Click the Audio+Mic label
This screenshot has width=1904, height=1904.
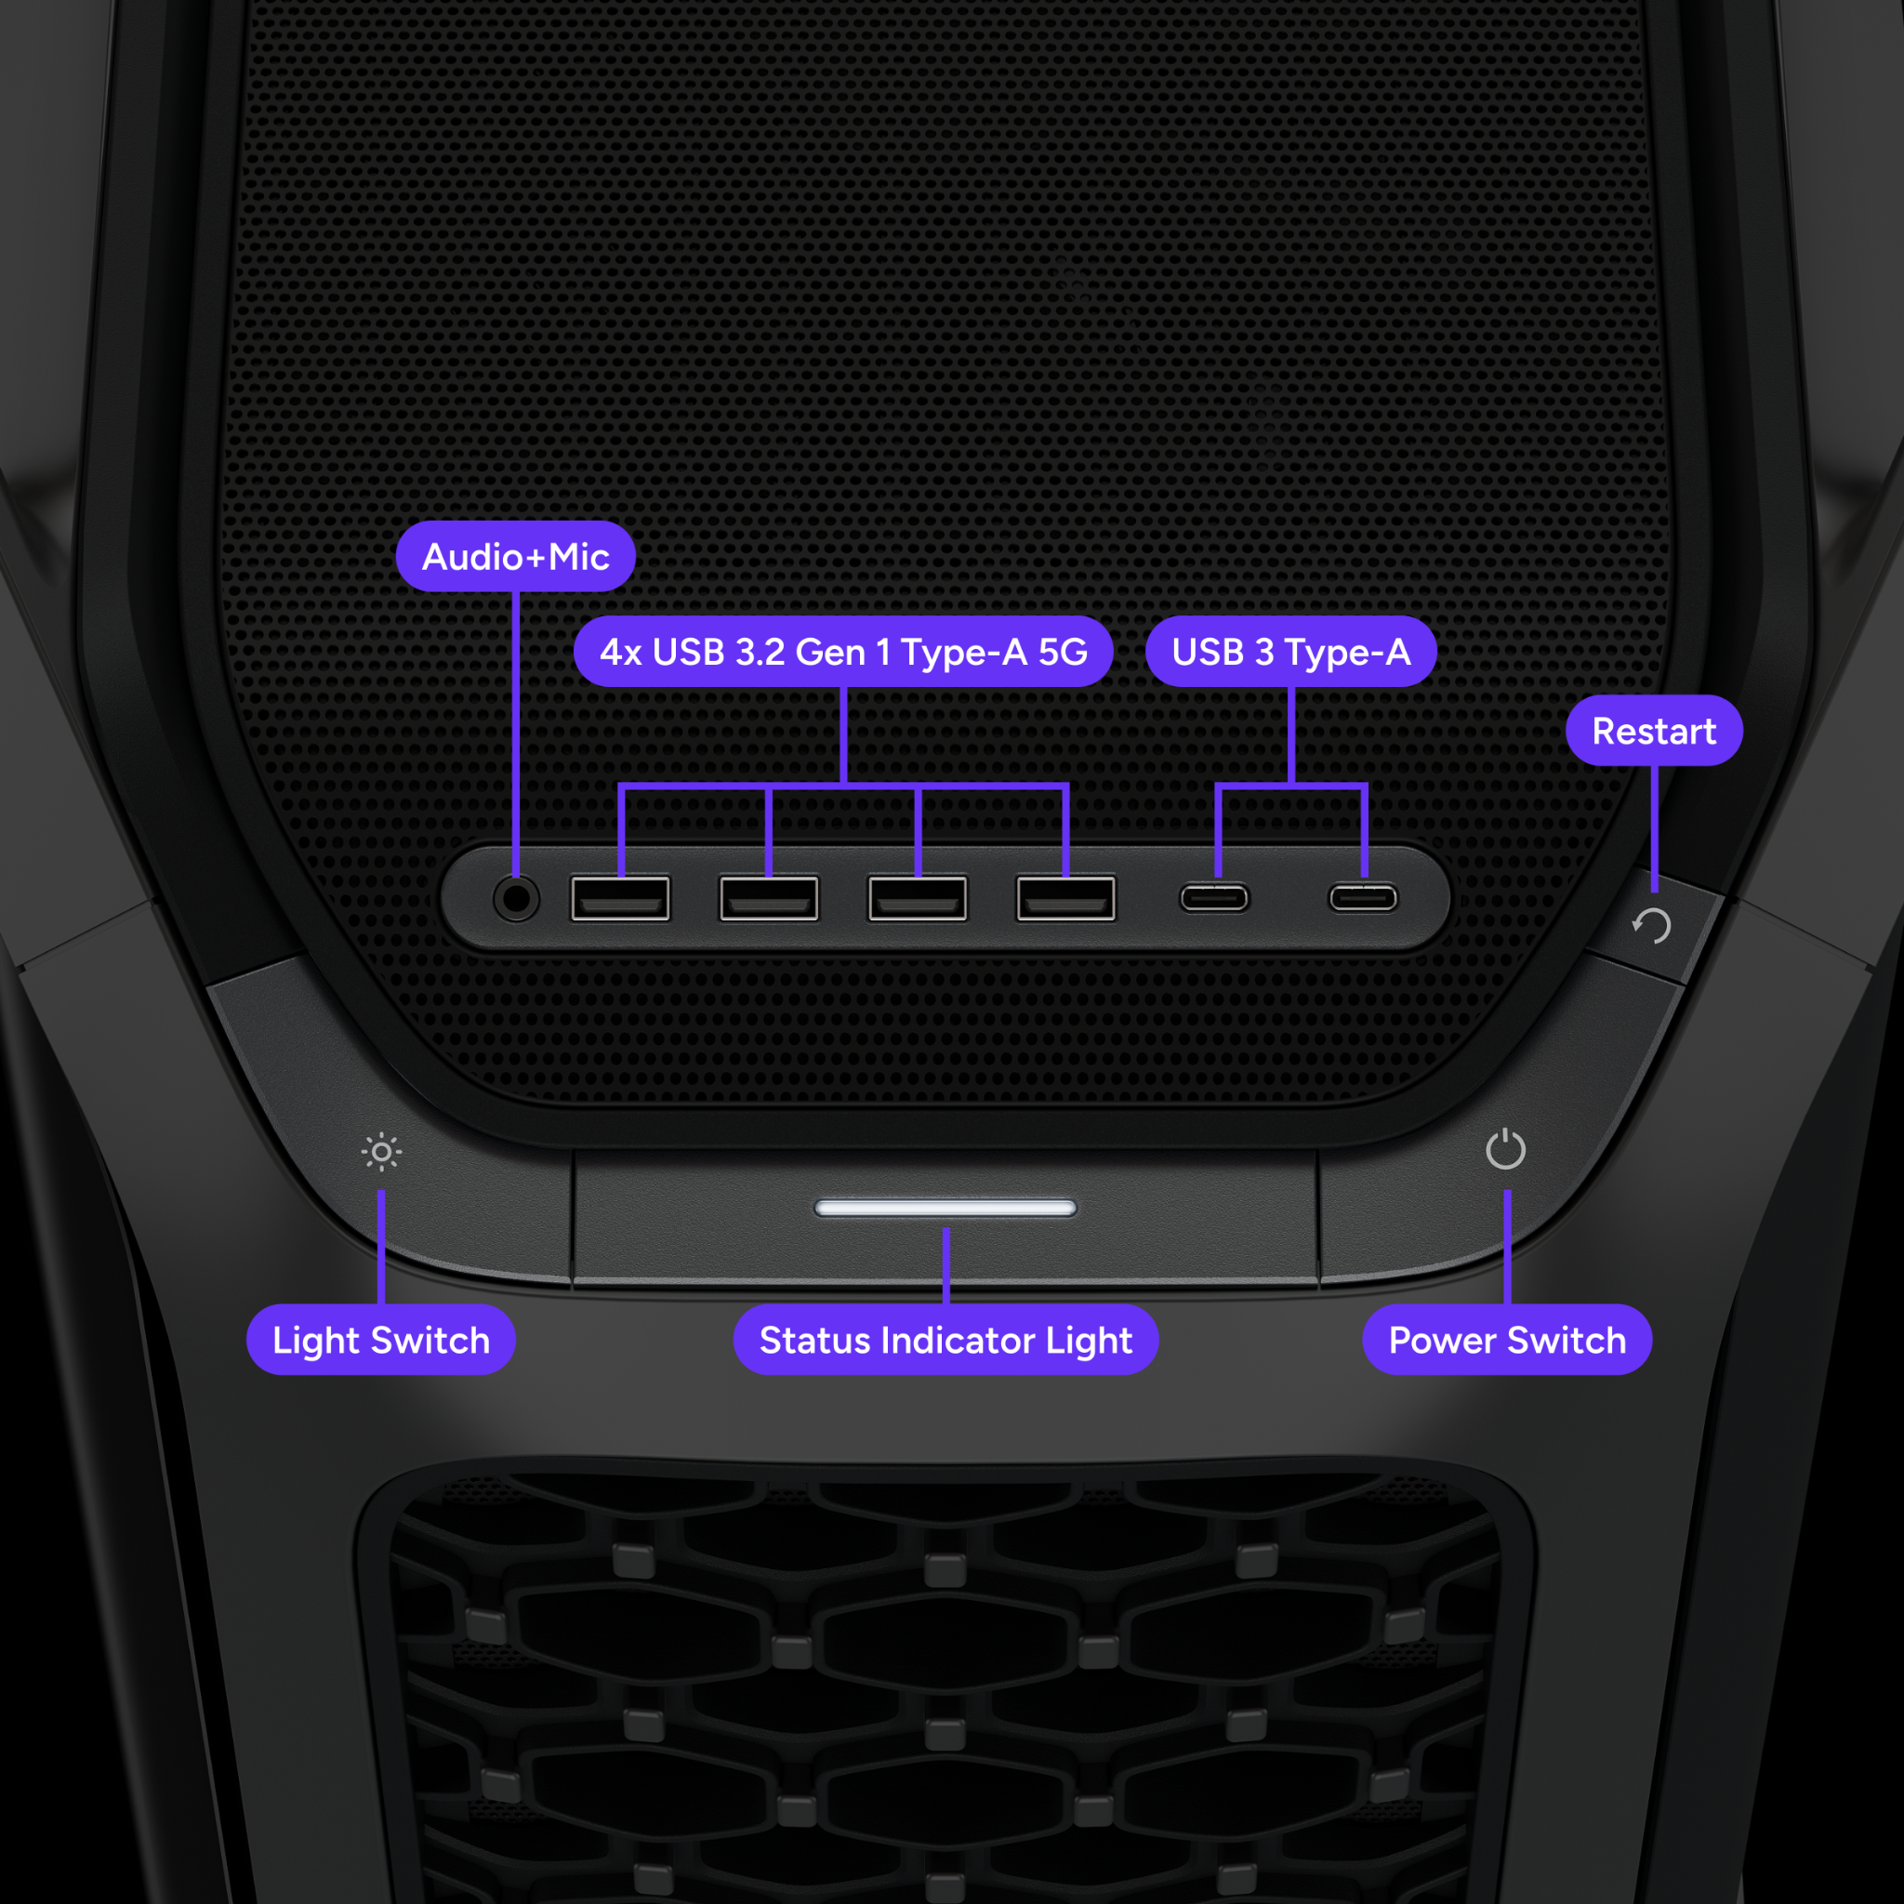tap(515, 557)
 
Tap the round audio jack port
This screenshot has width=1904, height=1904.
tap(515, 899)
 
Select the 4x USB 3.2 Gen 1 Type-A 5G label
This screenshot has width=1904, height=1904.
tap(842, 652)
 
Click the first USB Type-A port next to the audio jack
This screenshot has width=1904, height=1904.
tap(620, 899)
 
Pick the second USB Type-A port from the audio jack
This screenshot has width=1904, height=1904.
tap(769, 899)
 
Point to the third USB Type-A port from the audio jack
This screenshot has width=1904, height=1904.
tap(918, 899)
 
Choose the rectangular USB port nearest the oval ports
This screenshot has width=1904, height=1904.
tap(1066, 899)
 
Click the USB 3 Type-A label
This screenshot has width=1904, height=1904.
tap(1290, 652)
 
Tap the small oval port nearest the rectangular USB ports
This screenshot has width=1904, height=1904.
tap(1214, 899)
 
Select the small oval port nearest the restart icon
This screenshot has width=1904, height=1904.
tap(1363, 899)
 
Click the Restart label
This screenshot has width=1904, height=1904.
tap(1654, 732)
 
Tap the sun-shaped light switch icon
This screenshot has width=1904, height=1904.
tap(381, 1152)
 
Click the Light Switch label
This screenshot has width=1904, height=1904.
tap(380, 1341)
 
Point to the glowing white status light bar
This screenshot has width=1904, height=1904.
tap(945, 1209)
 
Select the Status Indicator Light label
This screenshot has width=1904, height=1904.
tap(945, 1341)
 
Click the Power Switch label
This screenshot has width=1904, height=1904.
tap(1507, 1341)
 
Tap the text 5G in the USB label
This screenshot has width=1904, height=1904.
tap(1063, 652)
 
